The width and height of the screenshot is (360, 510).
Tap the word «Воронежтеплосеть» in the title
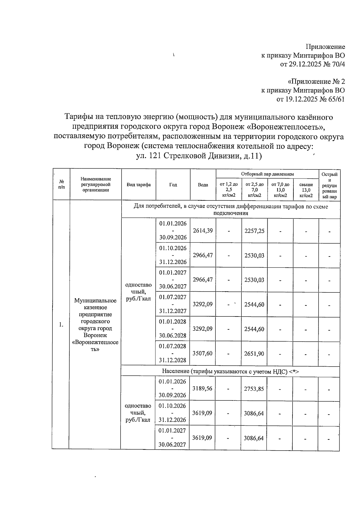click(287, 127)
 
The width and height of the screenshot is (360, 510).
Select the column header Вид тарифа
click(139, 185)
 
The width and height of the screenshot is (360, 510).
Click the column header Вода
click(203, 185)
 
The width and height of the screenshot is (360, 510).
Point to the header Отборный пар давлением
click(267, 174)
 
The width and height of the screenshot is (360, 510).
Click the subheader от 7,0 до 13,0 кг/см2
click(280, 190)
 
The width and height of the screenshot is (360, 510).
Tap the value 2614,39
click(203, 230)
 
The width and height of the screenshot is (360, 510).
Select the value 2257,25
click(254, 231)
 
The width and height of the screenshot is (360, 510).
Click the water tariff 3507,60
click(202, 353)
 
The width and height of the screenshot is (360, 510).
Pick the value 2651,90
click(254, 354)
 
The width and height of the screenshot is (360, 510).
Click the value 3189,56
click(202, 388)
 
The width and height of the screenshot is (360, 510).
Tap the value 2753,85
click(254, 389)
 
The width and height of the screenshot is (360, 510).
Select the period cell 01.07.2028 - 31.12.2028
click(172, 353)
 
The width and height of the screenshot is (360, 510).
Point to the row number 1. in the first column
click(61, 325)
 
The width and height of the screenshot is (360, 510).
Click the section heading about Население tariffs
click(230, 371)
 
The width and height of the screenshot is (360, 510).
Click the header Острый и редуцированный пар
click(329, 185)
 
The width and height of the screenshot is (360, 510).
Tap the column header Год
click(173, 185)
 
